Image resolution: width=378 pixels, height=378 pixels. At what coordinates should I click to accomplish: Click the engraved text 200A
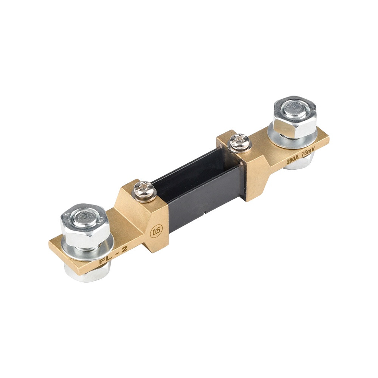pos(293,160)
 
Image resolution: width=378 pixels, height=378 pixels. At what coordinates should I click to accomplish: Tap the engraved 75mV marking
pos(308,154)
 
